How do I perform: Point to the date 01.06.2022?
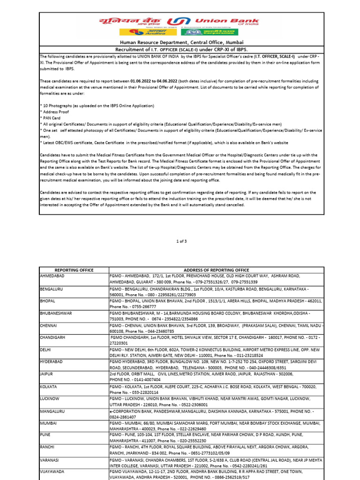[x=142, y=81]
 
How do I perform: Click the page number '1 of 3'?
[x=181, y=241]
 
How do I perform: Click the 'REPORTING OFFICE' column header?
[x=74, y=270]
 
